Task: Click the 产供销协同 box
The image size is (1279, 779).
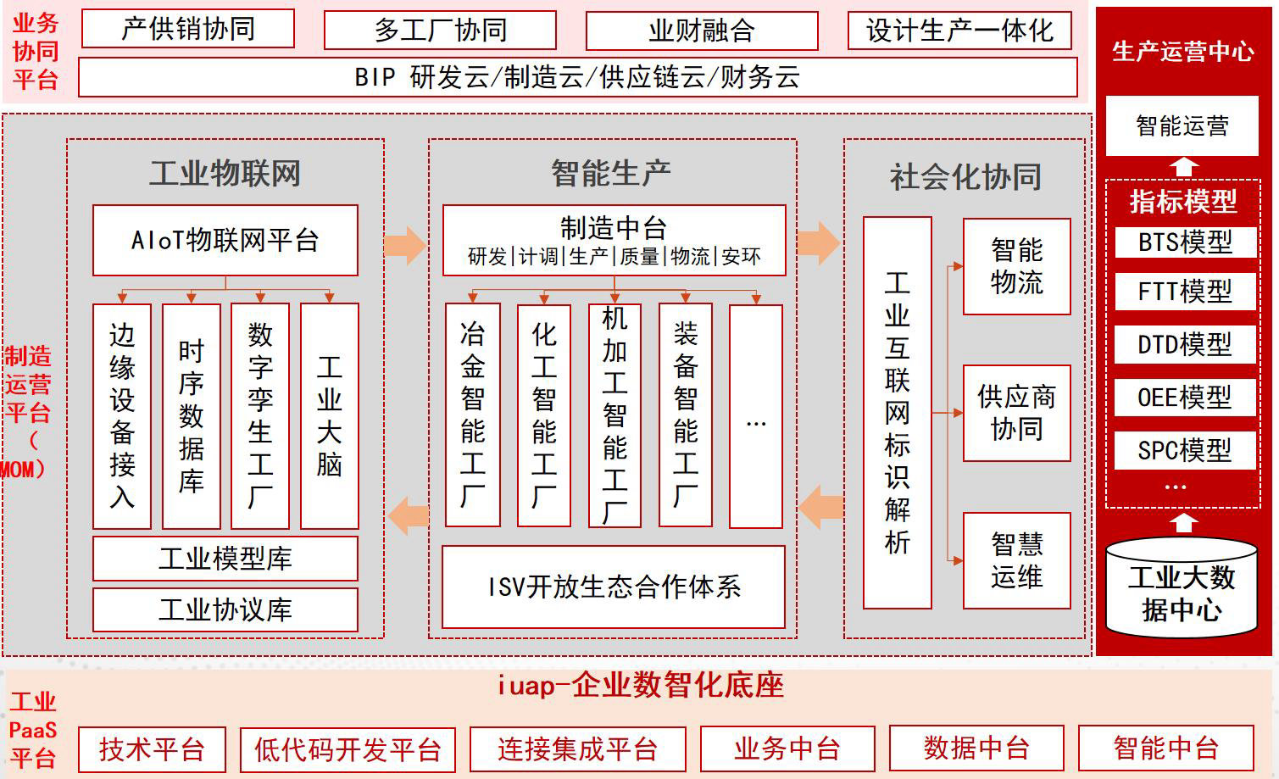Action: [187, 29]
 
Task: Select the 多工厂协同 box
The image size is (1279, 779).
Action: [440, 31]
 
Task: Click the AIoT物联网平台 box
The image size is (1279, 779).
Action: [225, 241]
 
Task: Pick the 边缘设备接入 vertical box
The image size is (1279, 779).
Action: [122, 415]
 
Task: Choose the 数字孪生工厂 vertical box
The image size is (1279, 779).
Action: [260, 415]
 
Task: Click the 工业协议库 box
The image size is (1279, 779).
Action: [225, 609]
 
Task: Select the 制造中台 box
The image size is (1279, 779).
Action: [614, 241]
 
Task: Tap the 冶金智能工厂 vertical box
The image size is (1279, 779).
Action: [473, 415]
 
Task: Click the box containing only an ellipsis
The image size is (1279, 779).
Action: [755, 415]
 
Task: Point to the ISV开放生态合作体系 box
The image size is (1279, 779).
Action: [614, 587]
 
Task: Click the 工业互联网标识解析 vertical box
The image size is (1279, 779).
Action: [897, 412]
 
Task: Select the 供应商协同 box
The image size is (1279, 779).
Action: [1016, 413]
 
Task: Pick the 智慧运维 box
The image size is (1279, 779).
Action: [1016, 560]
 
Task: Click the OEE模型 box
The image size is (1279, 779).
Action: [1184, 398]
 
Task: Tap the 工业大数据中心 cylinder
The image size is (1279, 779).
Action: [1182, 590]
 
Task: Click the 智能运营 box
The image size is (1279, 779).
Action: [1182, 126]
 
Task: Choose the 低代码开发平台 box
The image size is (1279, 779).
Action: [348, 749]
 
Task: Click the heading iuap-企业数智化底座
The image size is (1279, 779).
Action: [639, 685]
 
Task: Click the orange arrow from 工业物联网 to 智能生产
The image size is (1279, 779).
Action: [405, 245]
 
